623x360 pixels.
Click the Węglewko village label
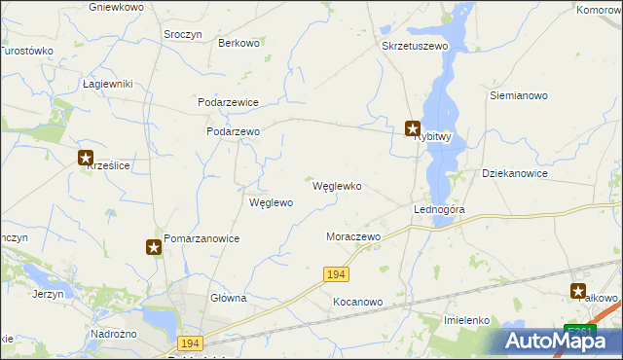337,186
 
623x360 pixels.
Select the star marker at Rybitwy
413,127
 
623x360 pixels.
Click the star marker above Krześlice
86,158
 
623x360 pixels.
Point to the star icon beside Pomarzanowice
154,248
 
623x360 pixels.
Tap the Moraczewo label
352,236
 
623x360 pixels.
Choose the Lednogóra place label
439,209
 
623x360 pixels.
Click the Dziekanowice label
515,173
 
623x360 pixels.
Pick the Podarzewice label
228,101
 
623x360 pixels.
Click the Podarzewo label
233,131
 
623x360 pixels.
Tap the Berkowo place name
238,43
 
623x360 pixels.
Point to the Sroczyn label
183,33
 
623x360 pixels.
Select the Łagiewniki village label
107,84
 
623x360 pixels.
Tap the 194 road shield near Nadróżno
190,343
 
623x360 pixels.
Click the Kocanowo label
357,302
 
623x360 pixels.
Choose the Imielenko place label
465,319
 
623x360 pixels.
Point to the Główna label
228,298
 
